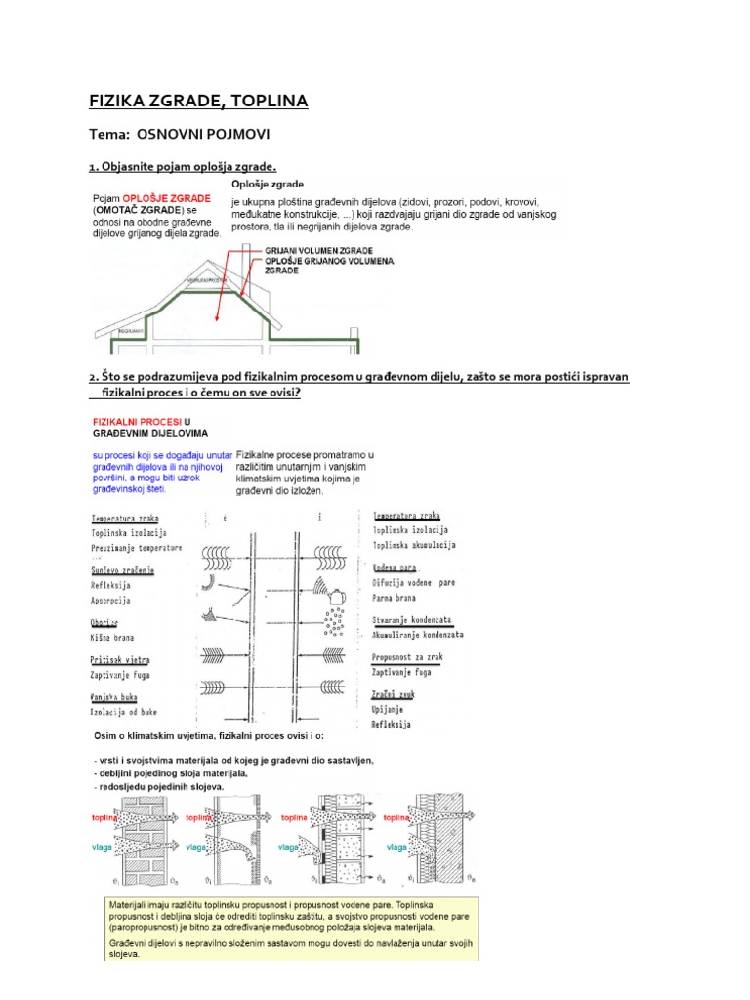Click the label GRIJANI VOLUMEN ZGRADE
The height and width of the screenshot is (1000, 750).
(x=319, y=250)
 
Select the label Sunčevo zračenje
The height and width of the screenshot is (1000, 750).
(x=123, y=569)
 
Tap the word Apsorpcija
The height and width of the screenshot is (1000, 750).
(x=110, y=600)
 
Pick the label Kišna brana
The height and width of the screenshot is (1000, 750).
(x=111, y=637)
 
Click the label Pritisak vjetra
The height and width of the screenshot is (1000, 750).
(x=120, y=660)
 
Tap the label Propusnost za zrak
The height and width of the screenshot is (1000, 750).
(x=408, y=658)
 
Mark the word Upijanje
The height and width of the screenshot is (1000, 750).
(x=390, y=710)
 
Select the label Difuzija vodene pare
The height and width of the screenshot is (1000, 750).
(x=414, y=582)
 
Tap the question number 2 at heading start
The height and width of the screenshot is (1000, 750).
(x=92, y=377)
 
